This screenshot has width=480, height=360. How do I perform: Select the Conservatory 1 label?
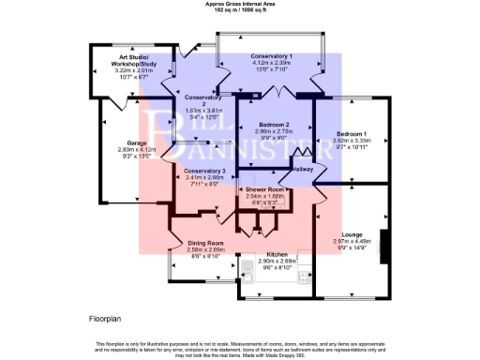point(271,57)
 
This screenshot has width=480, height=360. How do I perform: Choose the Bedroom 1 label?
point(352,134)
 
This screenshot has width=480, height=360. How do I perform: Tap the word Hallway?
point(302,169)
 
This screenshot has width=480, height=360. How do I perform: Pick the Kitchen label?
point(277,254)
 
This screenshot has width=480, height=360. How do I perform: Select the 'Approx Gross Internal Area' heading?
point(241,4)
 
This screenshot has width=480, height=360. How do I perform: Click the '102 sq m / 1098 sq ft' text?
point(241,9)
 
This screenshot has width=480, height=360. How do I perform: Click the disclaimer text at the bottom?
point(240,348)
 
